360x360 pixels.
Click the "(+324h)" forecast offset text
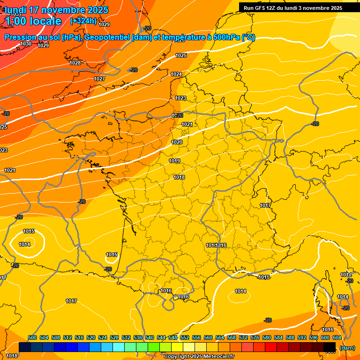point(83,21)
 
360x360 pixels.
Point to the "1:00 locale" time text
point(33,21)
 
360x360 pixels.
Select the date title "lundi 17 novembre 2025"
point(56,10)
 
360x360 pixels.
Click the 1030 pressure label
point(26,44)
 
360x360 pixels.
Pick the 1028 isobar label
point(75,63)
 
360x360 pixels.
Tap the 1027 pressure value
point(99,79)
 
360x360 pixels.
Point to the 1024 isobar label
point(176,75)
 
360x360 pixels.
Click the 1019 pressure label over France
point(174,161)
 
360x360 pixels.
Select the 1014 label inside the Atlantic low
point(24,244)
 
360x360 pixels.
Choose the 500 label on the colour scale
point(32,337)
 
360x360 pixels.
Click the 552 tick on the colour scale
point(185,337)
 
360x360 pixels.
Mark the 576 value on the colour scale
point(255,337)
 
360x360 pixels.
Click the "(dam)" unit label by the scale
point(347,347)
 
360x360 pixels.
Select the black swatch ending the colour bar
point(330,347)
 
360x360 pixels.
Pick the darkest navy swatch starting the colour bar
point(25,347)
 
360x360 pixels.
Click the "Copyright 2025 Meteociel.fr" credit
point(199,356)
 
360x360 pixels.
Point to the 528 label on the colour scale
point(114,337)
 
